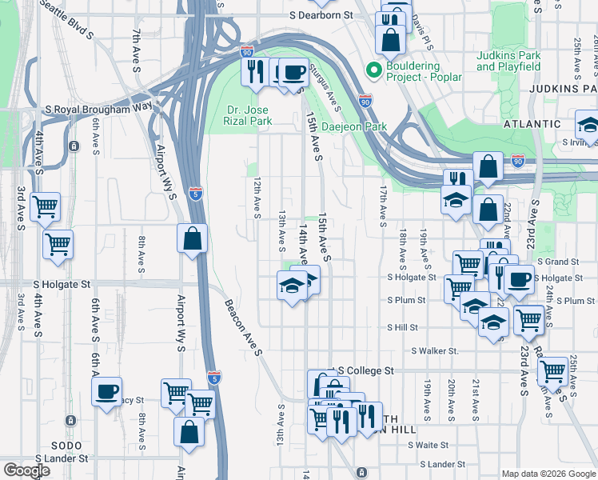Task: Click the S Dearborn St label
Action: point(321,15)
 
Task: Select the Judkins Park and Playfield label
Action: point(508,61)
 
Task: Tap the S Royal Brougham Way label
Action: point(98,108)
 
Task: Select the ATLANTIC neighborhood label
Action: point(532,124)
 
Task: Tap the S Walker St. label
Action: point(435,350)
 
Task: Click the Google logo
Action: point(26,470)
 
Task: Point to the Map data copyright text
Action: point(548,474)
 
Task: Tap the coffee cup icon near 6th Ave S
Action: point(106,392)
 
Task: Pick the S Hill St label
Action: point(403,327)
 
